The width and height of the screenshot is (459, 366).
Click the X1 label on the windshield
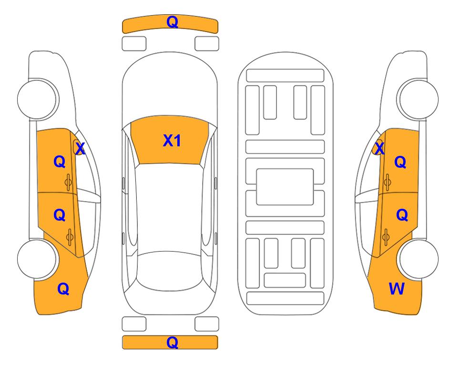point(172,141)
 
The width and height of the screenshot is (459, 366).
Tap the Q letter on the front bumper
point(172,22)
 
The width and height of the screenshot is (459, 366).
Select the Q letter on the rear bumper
point(172,342)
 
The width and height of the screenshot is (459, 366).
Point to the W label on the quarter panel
point(397,289)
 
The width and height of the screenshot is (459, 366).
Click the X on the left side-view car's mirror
point(80,148)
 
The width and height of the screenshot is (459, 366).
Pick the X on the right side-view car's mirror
point(379,148)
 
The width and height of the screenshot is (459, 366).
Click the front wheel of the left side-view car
point(38,99)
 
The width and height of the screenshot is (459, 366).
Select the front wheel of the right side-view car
point(418,99)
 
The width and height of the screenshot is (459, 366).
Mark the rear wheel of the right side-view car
point(418,259)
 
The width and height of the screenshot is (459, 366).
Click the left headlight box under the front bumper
point(134,44)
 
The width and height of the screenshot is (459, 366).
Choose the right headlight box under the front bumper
point(207,44)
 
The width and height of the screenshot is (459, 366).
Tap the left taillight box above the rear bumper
point(134,324)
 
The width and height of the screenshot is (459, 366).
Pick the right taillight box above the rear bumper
point(207,324)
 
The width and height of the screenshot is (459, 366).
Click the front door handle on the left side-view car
point(69,183)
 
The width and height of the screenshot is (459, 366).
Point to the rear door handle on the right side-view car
point(386,237)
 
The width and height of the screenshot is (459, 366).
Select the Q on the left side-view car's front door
point(60,162)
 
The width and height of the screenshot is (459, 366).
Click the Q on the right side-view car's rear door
point(402,215)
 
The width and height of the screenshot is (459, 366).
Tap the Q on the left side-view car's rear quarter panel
point(63,289)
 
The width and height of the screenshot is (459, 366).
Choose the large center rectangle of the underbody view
point(285,187)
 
